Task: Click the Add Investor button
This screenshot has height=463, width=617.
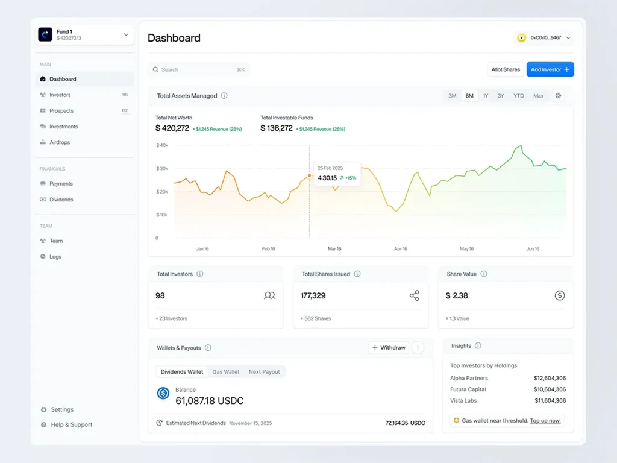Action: (x=550, y=69)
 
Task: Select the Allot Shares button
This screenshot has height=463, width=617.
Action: (x=506, y=69)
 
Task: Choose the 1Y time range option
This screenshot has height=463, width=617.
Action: (x=486, y=96)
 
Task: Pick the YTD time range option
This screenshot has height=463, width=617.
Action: (x=518, y=96)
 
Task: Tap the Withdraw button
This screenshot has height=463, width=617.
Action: (x=389, y=348)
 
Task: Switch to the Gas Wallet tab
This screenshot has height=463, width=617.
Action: (x=226, y=371)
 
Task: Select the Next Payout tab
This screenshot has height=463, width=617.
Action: (x=264, y=371)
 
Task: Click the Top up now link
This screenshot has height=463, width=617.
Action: (x=545, y=420)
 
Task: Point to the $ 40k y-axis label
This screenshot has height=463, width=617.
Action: (x=162, y=145)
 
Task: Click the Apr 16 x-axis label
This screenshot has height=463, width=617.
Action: (x=401, y=249)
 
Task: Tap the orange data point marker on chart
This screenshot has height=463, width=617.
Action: (x=309, y=175)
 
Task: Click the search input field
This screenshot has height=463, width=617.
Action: (x=199, y=70)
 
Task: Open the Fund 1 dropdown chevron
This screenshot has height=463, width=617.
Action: (x=126, y=34)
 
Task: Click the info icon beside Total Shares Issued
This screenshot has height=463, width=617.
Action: (x=357, y=274)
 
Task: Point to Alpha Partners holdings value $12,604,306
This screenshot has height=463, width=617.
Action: (x=550, y=378)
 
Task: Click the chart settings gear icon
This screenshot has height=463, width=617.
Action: (x=558, y=96)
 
